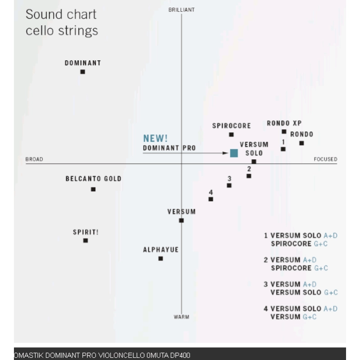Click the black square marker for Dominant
coord(83,72)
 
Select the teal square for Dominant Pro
coord(234,153)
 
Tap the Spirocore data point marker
coord(231,135)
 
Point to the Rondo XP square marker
coord(284,132)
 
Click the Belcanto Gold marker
coord(93,189)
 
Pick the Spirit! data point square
coord(85,241)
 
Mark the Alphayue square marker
coord(161,259)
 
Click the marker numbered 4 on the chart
coord(211,199)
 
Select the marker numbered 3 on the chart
coord(229,185)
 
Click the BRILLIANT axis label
coord(181,10)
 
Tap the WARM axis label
coord(181,317)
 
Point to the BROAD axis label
coord(34,159)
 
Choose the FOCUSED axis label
coord(325,159)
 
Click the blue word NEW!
coord(155,139)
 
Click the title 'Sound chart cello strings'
coord(62,22)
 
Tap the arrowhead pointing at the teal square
coord(226,153)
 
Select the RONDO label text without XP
coord(301,134)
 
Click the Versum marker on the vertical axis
coord(181,220)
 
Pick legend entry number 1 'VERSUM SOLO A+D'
coord(301,235)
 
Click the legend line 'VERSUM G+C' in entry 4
coord(293,317)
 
